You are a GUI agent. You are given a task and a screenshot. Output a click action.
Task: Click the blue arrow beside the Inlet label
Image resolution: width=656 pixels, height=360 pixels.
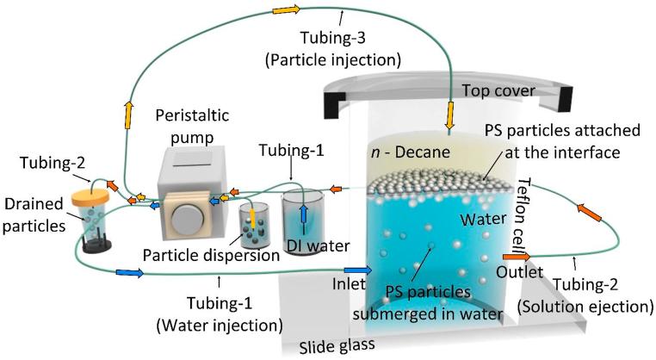click(358, 271)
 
